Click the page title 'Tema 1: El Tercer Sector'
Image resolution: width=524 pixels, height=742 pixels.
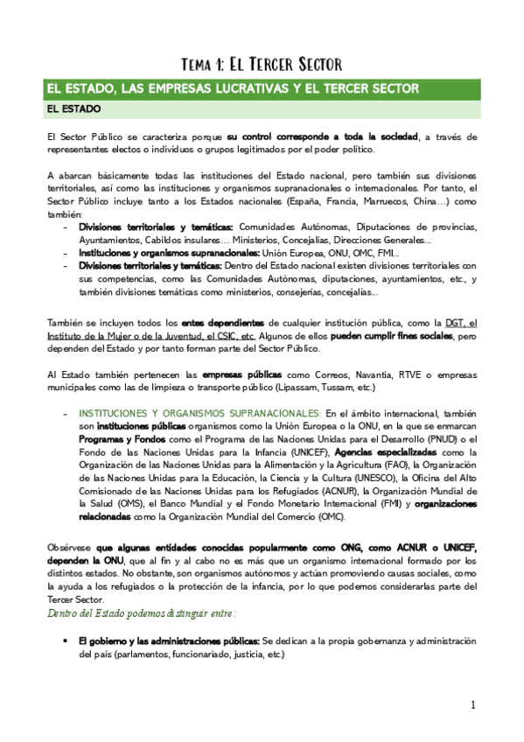tap(260, 64)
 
